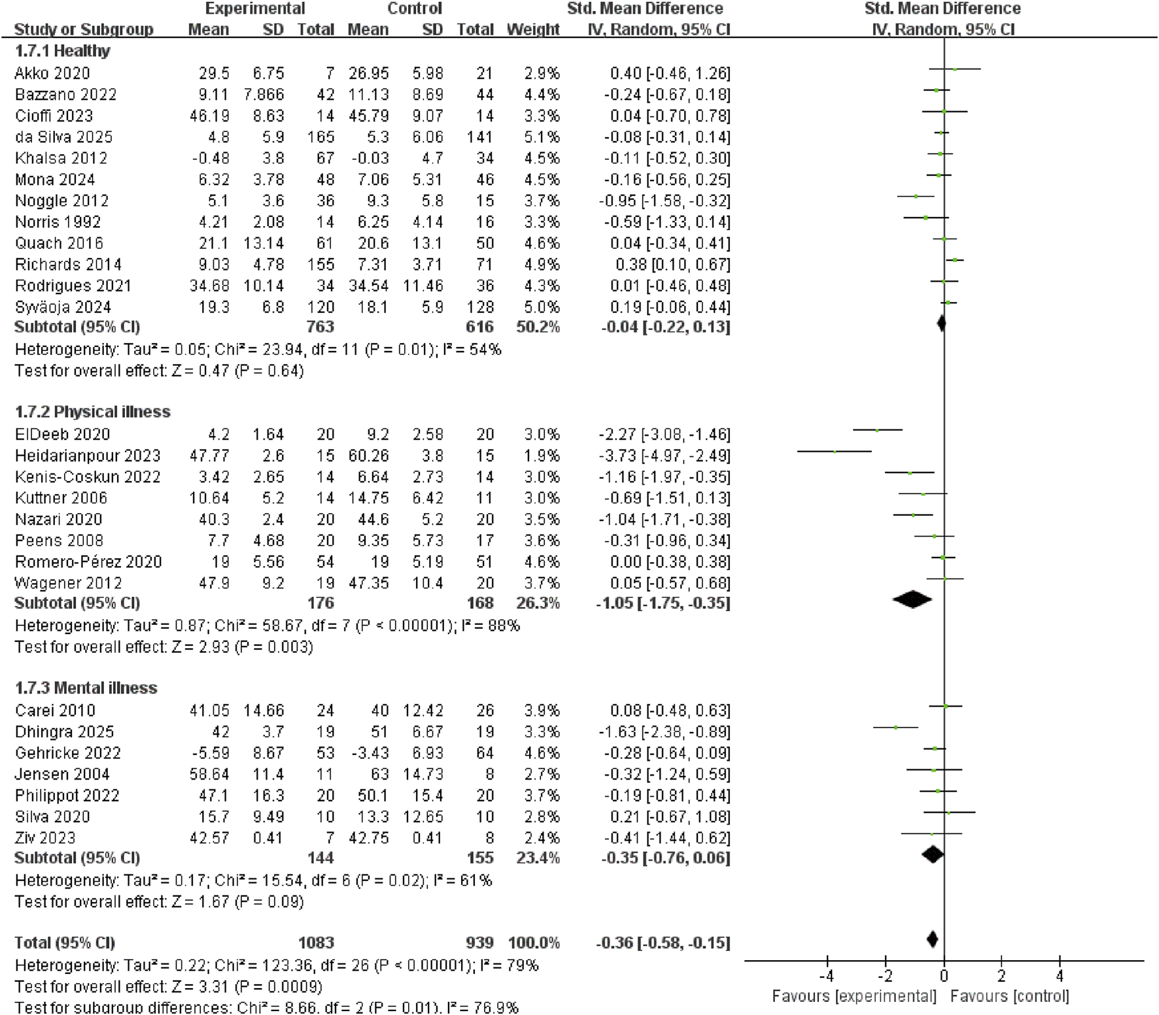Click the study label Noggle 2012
tap(61, 201)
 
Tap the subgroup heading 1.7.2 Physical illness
tap(92, 412)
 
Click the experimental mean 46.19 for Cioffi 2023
tap(209, 116)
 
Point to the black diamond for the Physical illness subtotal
tap(912, 599)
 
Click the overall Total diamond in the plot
tap(933, 939)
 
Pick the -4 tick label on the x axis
tap(826, 976)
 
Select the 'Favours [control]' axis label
tap(1009, 997)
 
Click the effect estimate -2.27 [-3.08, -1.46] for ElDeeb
tap(664, 435)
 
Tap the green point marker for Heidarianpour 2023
tap(835, 452)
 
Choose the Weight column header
tap(533, 29)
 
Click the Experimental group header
tap(254, 8)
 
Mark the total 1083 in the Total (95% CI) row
tap(316, 942)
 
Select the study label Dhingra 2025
tap(64, 732)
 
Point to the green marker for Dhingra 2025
tap(896, 727)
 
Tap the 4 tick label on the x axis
tap(1060, 976)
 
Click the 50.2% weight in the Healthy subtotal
tap(538, 327)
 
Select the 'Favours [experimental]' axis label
tap(854, 997)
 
